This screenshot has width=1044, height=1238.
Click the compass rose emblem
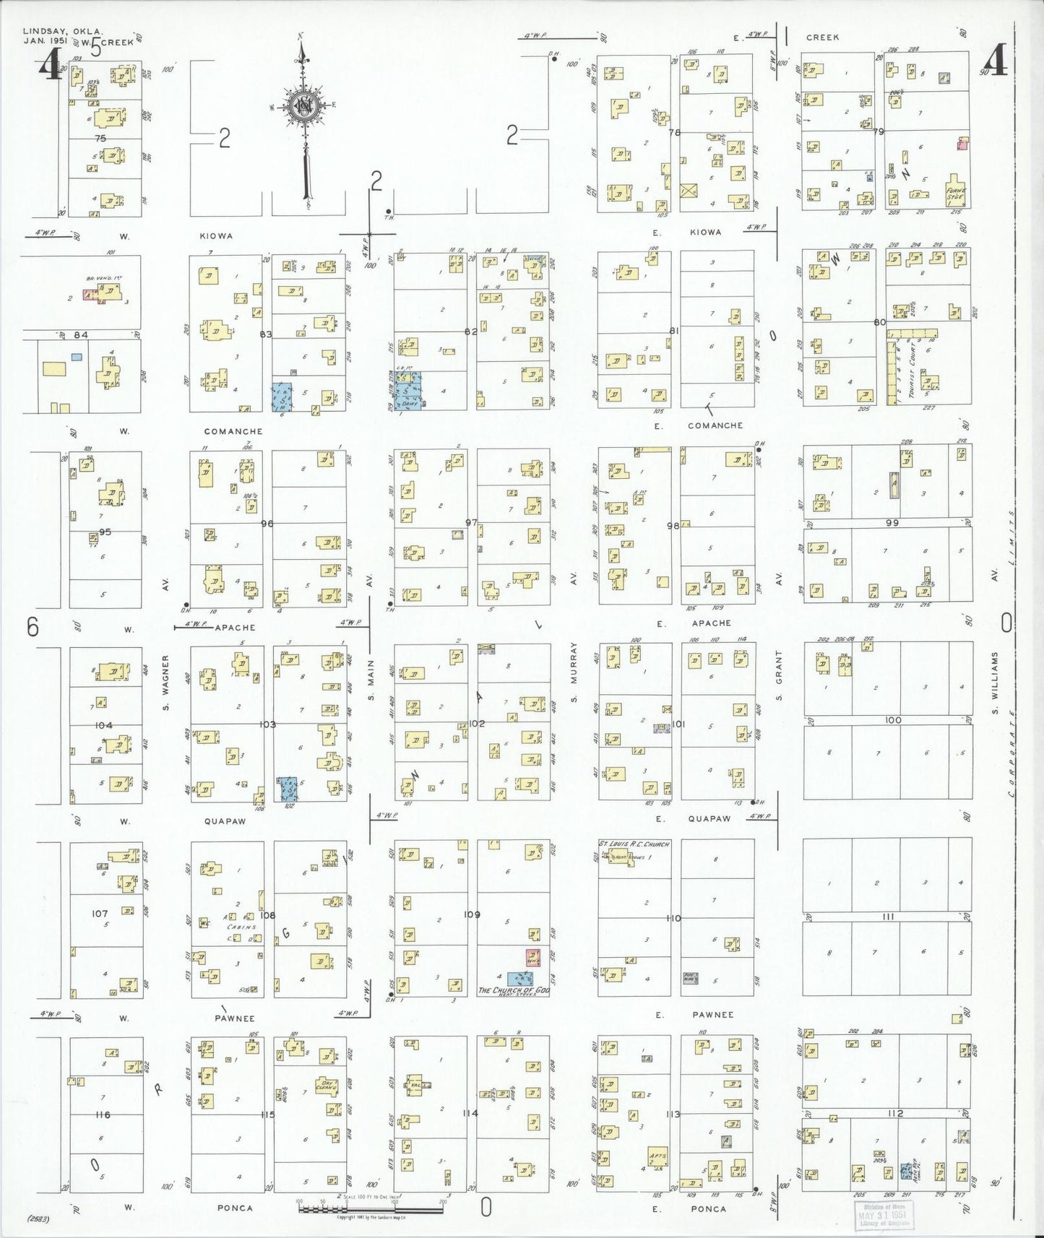(x=305, y=105)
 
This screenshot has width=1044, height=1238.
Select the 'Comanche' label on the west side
(x=233, y=431)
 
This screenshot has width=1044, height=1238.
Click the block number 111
(x=889, y=917)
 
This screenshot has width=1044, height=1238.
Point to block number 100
(x=892, y=720)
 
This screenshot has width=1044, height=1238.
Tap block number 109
(x=472, y=914)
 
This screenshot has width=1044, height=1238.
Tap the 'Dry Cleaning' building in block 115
(x=327, y=1086)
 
